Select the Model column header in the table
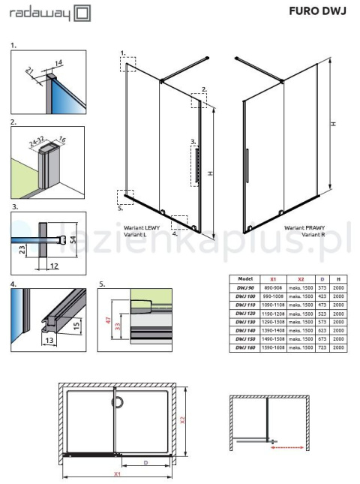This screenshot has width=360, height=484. pyautogui.click(x=244, y=278)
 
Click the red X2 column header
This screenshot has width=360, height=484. pyautogui.click(x=301, y=278)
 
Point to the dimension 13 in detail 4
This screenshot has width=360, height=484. pyautogui.click(x=49, y=340)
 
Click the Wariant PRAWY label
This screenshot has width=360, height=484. pyautogui.click(x=303, y=227)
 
